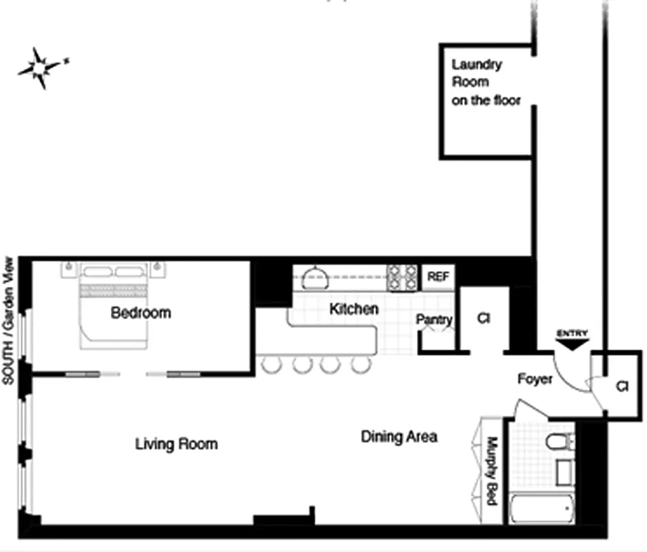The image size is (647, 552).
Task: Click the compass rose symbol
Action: (x=42, y=68)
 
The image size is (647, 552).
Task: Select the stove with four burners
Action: (x=402, y=277)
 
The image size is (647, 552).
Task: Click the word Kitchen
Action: (x=353, y=308)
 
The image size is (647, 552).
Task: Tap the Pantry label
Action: (x=434, y=319)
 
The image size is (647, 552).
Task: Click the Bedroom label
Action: (x=141, y=313)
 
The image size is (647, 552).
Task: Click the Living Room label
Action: (x=176, y=444)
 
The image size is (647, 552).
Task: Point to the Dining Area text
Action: (x=399, y=437)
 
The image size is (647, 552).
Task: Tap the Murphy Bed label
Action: (x=493, y=471)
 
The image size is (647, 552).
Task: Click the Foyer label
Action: (x=535, y=379)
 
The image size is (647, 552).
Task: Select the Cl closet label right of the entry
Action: (x=622, y=386)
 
